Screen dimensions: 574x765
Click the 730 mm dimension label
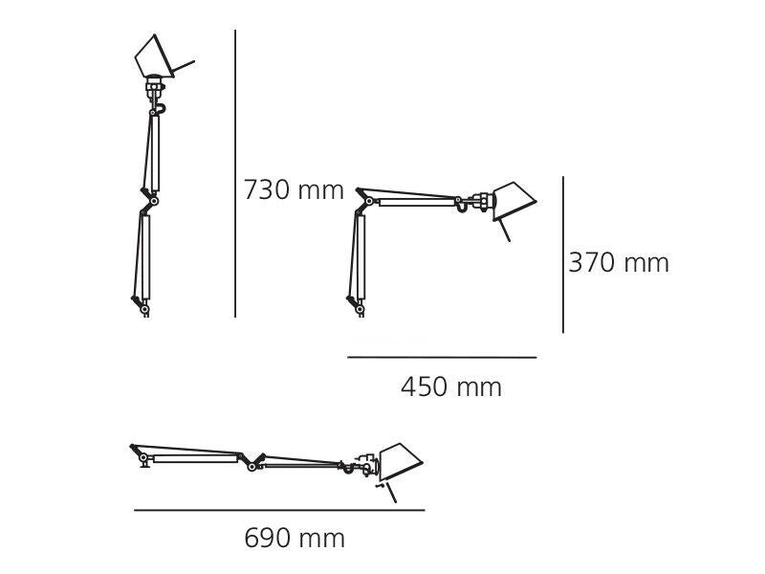293,190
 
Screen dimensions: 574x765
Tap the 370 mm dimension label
619,263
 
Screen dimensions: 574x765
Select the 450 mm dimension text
450,387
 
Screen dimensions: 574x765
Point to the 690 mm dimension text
295,539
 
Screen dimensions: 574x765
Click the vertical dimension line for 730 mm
235,172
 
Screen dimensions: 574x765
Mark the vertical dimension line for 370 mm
563,254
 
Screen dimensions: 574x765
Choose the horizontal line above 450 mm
442,358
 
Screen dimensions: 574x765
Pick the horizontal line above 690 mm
278,510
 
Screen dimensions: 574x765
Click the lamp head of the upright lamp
153,58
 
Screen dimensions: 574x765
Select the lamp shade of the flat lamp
400,463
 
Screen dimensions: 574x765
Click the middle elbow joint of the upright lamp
151,201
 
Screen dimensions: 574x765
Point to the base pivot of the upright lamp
143,308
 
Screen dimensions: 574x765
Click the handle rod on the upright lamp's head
183,68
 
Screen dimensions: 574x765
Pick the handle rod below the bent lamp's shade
503,231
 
